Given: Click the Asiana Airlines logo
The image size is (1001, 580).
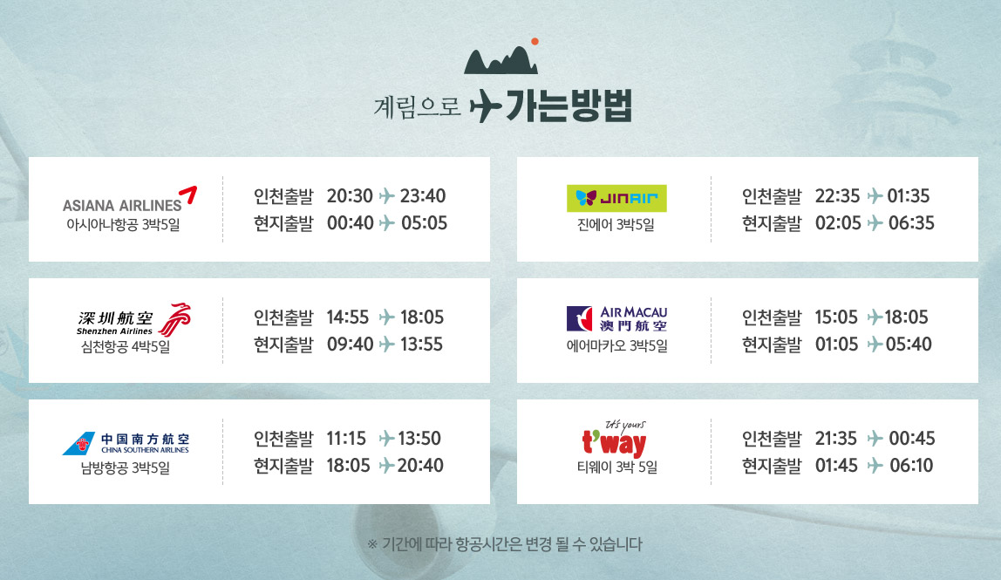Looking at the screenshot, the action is pyautogui.click(x=130, y=200).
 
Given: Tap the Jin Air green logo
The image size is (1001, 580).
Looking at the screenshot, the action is pyautogui.click(x=616, y=198).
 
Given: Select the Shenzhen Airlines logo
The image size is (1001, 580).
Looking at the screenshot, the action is pyautogui.click(x=133, y=319).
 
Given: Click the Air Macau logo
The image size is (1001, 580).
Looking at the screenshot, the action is pyautogui.click(x=616, y=318).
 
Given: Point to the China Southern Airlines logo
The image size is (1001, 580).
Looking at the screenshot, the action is pyautogui.click(x=126, y=443).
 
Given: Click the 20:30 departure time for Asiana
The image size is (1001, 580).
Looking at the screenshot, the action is pyautogui.click(x=350, y=195).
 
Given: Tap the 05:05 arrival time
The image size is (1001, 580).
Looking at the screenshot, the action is pyautogui.click(x=425, y=223).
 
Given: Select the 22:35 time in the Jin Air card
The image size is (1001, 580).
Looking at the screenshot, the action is pyautogui.click(x=838, y=195).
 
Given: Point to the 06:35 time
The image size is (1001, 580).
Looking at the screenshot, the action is pyautogui.click(x=912, y=223).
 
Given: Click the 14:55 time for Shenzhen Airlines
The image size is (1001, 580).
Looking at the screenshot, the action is pyautogui.click(x=348, y=317).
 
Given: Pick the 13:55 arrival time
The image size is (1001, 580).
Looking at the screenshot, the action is pyautogui.click(x=421, y=345).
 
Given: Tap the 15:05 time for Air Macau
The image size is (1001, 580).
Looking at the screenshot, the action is pyautogui.click(x=836, y=317).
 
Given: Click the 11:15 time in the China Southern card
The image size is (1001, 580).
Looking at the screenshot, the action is pyautogui.click(x=347, y=438).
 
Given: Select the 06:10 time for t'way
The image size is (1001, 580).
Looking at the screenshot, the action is pyautogui.click(x=912, y=465).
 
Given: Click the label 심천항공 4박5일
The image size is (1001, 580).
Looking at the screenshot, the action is pyautogui.click(x=126, y=347).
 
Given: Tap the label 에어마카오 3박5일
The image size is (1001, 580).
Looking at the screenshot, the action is pyautogui.click(x=616, y=346).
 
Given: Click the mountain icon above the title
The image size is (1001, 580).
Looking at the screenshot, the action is pyautogui.click(x=501, y=58).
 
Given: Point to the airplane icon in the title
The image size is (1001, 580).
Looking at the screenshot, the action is pyautogui.click(x=486, y=106).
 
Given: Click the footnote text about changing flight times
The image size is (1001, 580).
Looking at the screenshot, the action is pyautogui.click(x=505, y=544).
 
